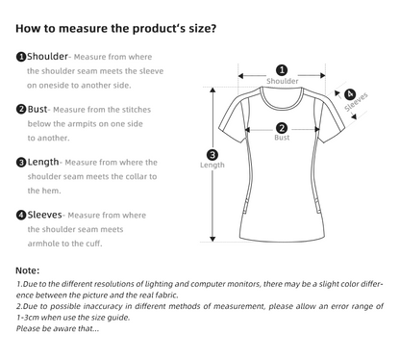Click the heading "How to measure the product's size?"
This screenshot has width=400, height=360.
pos(115,28)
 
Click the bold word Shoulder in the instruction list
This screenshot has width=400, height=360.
pos(47,57)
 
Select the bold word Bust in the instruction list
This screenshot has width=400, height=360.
pos(37,109)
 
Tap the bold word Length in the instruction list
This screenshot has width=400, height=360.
pos(43,162)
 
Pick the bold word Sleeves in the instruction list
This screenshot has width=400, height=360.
pos(44,215)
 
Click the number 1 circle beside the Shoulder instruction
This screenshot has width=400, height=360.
pos(21,57)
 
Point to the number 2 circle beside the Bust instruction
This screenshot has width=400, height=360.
pos(21,110)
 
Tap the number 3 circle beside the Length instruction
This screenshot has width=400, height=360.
pos(21,163)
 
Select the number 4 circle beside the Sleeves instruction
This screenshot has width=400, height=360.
pos(21,215)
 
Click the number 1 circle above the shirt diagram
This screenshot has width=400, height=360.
pos(282,70)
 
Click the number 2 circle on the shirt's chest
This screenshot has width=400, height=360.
pos(282,128)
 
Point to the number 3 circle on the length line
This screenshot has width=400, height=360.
pos(212,155)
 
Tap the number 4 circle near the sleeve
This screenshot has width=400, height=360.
pos(350,94)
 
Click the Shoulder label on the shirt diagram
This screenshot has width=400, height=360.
pos(283,81)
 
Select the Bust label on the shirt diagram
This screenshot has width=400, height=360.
pos(282,138)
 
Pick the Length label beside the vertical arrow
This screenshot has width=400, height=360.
pos(212,165)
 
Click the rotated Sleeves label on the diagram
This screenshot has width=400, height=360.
pos(356,102)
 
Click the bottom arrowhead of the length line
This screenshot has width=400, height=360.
pos(212,239)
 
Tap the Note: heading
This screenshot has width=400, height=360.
pos(27,270)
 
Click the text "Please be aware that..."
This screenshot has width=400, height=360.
pos(58,328)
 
